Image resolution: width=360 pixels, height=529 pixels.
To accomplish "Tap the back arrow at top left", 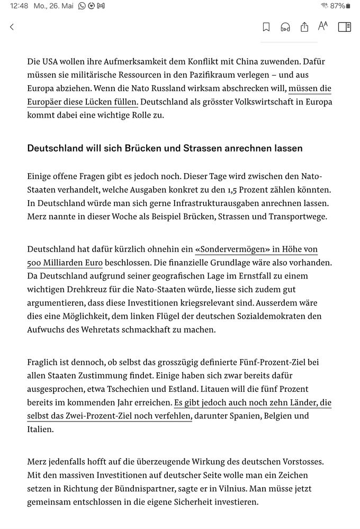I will click(x=12, y=27).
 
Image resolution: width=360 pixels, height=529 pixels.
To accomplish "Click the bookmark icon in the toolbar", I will click(x=266, y=27).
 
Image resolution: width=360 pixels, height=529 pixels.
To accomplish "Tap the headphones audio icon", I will click(x=285, y=27).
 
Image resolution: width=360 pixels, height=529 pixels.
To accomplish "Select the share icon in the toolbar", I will click(x=304, y=27).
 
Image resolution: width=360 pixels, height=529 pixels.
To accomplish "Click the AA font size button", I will click(x=323, y=26).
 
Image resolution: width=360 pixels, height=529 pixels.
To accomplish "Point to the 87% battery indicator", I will click(x=340, y=6).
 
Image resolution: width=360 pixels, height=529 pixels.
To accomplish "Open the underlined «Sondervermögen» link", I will click(x=228, y=249).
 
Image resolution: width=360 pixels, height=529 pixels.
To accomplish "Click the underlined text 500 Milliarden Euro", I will click(x=65, y=262).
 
